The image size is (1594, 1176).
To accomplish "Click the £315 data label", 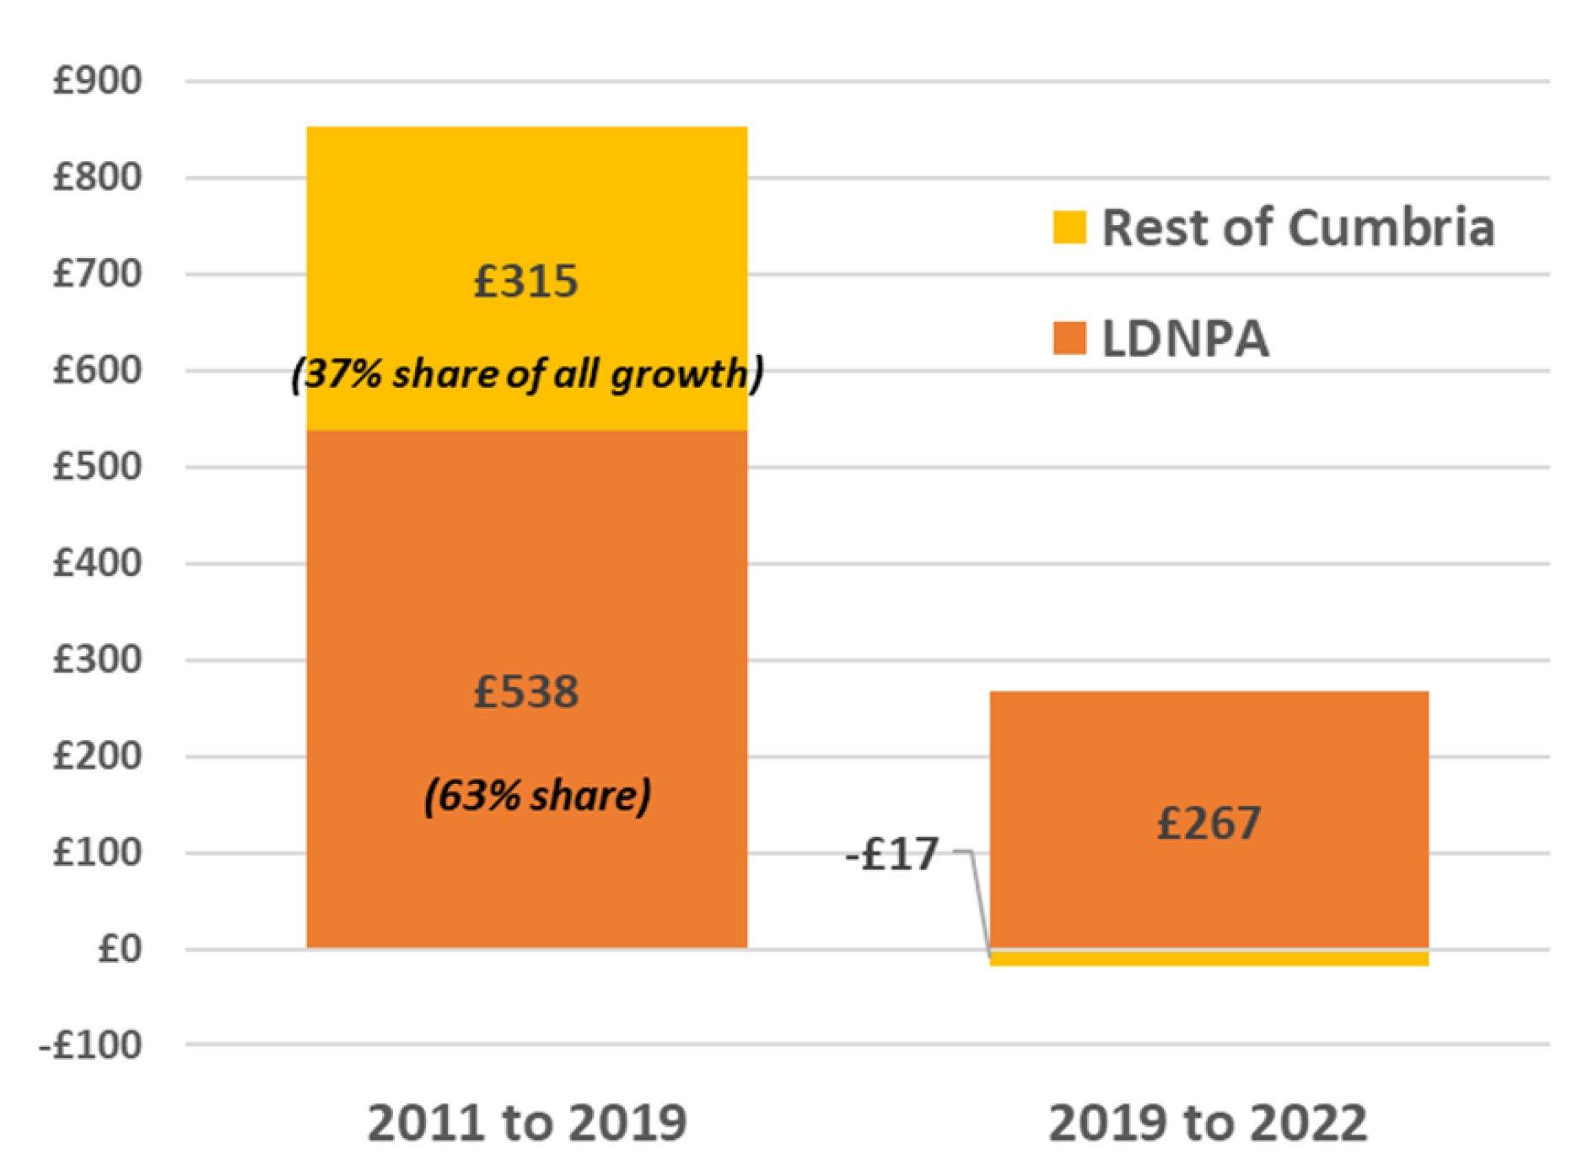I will click(526, 282).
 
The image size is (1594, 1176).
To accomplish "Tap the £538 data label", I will click(526, 692).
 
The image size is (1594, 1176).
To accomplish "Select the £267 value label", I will click(1209, 824).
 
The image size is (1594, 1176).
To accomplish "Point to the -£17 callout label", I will click(892, 854).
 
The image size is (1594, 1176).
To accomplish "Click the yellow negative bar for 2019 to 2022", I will click(1209, 959).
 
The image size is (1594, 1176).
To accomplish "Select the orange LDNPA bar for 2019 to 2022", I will click(1209, 759).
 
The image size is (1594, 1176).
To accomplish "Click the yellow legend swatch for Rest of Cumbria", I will click(1069, 228).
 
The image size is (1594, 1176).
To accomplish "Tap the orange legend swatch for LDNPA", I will click(1069, 339).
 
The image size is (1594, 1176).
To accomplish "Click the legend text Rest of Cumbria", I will click(1298, 228).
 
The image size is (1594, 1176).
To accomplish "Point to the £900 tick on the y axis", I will click(97, 82).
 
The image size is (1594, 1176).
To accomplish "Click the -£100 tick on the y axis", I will click(90, 1046).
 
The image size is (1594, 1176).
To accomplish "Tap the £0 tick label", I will click(119, 950).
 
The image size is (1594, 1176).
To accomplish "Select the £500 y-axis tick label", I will click(97, 467).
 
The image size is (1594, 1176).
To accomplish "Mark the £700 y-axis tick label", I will click(97, 274).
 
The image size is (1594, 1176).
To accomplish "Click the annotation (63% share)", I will click(537, 796).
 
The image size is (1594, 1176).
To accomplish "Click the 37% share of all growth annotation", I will click(527, 374).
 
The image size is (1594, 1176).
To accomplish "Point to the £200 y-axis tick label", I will click(97, 756).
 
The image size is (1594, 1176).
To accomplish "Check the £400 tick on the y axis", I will click(97, 563).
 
